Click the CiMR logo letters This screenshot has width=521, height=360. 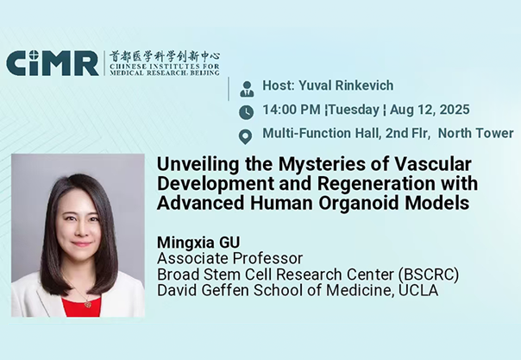click(52, 63)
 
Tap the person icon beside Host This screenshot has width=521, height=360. click(247, 89)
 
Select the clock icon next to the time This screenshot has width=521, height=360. click(246, 112)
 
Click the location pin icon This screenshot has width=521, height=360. click(246, 136)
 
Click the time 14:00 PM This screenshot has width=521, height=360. click(292, 110)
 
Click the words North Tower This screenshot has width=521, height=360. click(476, 133)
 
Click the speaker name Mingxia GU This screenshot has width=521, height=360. click(198, 243)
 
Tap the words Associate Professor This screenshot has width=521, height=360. click(230, 258)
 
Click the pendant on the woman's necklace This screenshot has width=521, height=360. click(87, 304)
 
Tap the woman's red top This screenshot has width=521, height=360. click(81, 306)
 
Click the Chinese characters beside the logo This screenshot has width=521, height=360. click(165, 57)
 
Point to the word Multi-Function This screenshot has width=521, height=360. click(305, 133)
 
